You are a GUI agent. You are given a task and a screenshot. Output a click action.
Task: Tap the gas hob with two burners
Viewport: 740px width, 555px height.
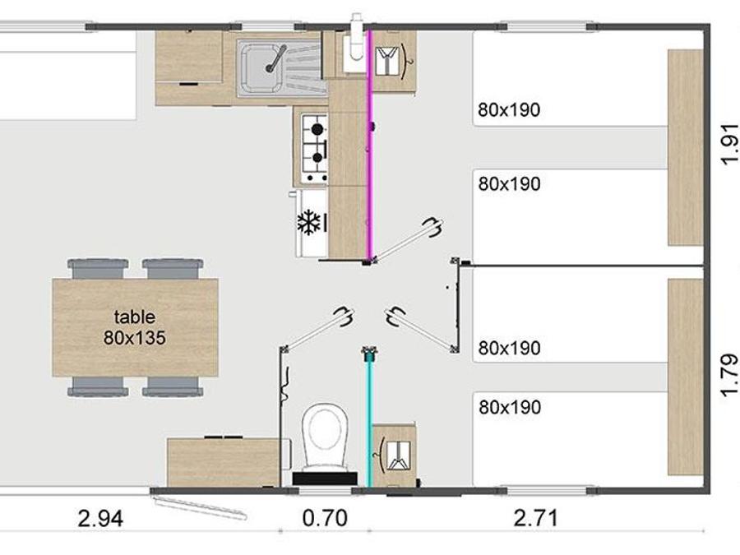(314, 148)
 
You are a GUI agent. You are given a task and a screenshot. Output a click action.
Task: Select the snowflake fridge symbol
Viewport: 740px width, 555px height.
(309, 222)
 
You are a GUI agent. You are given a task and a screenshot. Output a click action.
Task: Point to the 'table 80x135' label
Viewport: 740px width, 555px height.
(135, 327)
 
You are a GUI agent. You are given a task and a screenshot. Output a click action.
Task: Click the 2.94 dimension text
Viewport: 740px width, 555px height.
(100, 519)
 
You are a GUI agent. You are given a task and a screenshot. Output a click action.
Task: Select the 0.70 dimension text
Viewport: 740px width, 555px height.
(325, 518)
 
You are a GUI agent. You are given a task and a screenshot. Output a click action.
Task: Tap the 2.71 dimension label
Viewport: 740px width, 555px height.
(535, 518)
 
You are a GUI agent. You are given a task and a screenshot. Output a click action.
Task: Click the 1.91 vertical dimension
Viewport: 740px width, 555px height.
(729, 144)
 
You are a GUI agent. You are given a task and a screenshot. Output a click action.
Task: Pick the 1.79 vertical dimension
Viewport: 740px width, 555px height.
(729, 375)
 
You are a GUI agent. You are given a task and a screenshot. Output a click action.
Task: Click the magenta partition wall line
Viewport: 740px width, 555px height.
(371, 146)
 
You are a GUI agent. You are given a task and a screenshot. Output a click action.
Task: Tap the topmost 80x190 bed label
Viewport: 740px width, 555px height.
(509, 110)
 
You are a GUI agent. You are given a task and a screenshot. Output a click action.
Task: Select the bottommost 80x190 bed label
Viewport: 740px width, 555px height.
(510, 407)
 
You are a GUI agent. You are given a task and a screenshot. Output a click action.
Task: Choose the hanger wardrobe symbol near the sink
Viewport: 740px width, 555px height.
(391, 61)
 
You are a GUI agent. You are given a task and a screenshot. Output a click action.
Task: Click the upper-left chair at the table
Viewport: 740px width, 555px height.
(98, 269)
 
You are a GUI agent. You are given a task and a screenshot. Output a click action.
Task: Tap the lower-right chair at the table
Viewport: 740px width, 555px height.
(173, 386)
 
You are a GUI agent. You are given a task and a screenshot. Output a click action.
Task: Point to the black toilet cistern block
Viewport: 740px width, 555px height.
(325, 479)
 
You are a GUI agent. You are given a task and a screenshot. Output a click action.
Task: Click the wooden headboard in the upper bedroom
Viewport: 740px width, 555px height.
(685, 148)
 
